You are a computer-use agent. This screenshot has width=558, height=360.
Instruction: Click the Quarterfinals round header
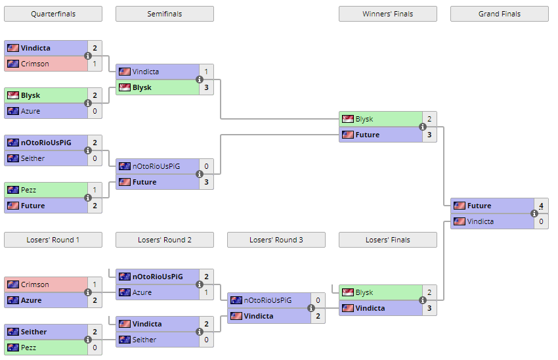[53, 14]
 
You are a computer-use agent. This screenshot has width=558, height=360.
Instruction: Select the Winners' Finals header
[387, 14]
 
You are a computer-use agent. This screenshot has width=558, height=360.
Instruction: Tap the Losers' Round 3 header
[276, 240]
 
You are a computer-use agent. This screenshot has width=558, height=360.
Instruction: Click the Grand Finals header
[499, 14]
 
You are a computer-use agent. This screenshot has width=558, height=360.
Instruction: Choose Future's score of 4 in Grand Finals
[541, 206]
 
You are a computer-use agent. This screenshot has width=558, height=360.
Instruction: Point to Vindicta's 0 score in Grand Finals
[541, 221]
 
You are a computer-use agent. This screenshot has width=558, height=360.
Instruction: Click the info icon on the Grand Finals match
[534, 214]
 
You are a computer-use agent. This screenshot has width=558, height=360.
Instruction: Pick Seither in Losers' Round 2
[144, 340]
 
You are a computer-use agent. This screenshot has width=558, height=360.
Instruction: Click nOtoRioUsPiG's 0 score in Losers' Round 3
[318, 300]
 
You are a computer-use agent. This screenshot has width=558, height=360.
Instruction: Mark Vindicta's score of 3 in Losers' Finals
[429, 308]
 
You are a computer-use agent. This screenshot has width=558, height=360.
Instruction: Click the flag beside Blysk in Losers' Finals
[348, 292]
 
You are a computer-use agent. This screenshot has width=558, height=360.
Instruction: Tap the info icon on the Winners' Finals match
[423, 127]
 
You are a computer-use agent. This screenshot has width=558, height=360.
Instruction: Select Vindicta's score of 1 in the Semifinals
[206, 72]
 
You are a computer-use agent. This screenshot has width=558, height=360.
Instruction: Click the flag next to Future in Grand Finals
[460, 206]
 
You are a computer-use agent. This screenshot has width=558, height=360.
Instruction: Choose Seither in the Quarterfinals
[33, 158]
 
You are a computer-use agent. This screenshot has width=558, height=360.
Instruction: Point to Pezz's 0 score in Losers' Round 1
[95, 348]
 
